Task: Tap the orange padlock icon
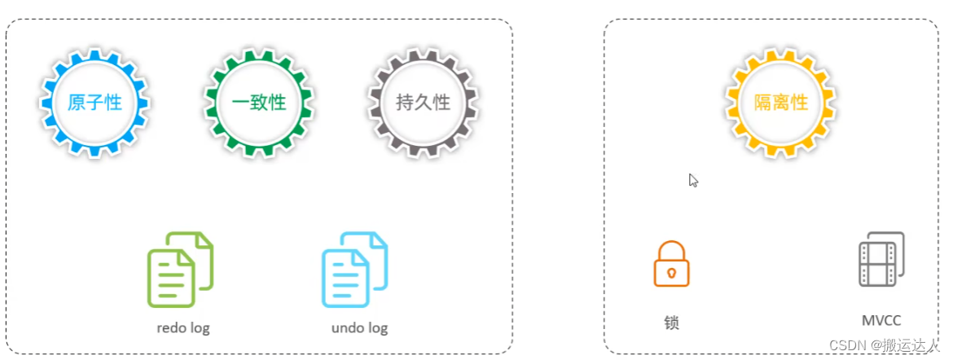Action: click(671, 263)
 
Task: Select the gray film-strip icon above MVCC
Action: click(881, 259)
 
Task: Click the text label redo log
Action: click(183, 328)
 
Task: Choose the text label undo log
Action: click(359, 328)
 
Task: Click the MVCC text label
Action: click(881, 321)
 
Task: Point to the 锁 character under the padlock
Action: click(671, 323)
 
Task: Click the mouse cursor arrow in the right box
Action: click(692, 179)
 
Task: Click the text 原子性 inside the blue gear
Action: click(94, 103)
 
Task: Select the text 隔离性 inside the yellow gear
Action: click(780, 103)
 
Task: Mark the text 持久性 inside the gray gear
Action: click(423, 103)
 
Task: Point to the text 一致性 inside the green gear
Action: click(259, 103)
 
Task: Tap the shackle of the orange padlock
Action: click(671, 249)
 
